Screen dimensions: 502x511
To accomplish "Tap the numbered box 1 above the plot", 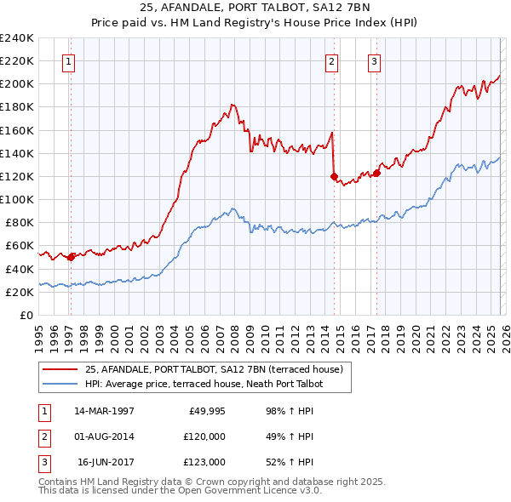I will (x=67, y=60).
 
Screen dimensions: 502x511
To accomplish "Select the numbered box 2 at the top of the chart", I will (x=331, y=60).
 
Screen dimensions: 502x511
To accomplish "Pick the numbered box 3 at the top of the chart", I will (x=374, y=60).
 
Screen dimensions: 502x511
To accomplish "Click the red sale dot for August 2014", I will (x=334, y=176).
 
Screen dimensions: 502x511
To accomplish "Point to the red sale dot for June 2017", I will (x=376, y=173).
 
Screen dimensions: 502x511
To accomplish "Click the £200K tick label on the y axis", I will (x=17, y=83).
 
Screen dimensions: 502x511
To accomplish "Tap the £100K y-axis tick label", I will (x=17, y=199).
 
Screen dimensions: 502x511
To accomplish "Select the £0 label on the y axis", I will (x=26, y=315).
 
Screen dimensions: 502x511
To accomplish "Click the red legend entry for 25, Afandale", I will (x=213, y=369).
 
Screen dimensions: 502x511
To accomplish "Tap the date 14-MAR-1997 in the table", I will (x=104, y=411).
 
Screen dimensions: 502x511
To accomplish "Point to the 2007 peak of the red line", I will (x=232, y=104).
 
